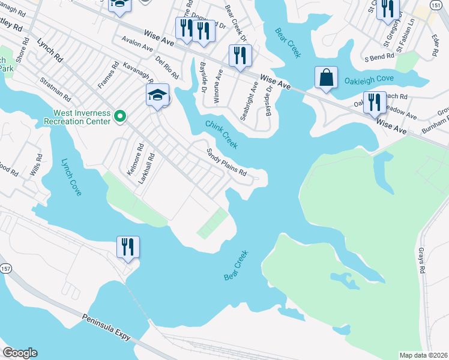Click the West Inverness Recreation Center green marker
point(119,116)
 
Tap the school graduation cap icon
point(157,95)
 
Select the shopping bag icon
point(326,77)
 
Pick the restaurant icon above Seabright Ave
point(240,55)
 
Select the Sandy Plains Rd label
point(227,162)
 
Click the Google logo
point(20,353)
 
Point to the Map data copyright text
point(423,355)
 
